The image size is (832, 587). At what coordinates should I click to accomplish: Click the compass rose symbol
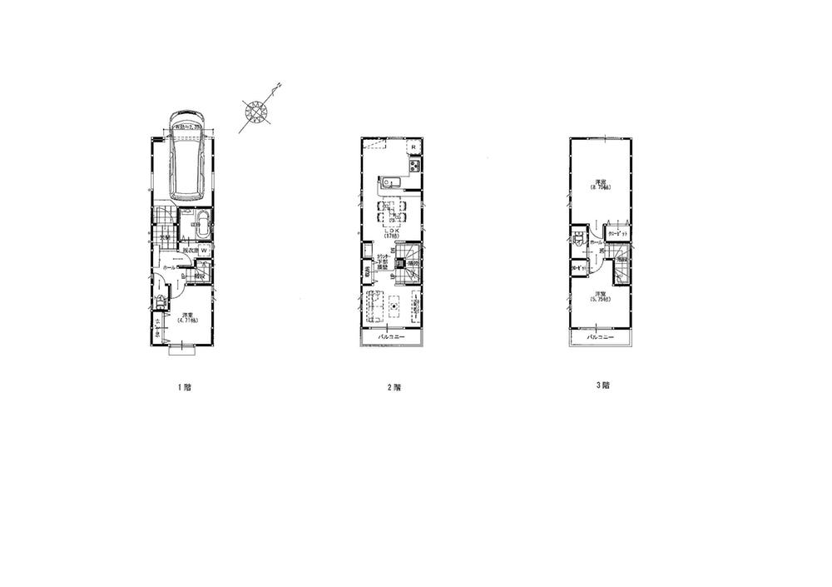tap(255, 112)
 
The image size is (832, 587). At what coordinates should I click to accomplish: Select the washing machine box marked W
tap(203, 250)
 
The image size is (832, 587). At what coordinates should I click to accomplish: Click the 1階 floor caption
tap(185, 387)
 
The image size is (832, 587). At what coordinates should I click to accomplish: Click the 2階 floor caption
tap(394, 387)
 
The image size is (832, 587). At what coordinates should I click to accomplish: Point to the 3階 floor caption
tap(602, 386)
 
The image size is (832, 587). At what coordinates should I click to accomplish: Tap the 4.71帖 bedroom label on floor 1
tap(186, 316)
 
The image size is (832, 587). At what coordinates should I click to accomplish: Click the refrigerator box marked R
tap(414, 147)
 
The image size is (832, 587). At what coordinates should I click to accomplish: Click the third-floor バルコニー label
tap(601, 337)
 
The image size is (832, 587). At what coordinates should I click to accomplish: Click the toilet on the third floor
tap(577, 237)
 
